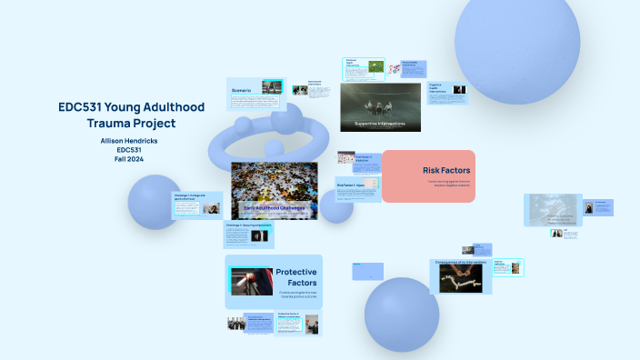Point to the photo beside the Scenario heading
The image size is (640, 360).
tap(271, 86)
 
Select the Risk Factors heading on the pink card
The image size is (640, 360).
tap(445, 170)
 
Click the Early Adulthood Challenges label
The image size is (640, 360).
tap(274, 208)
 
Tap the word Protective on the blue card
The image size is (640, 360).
tap(295, 272)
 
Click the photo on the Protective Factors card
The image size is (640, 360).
tap(251, 281)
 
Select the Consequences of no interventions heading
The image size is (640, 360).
tap(465, 262)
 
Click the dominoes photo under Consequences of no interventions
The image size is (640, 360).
tap(461, 278)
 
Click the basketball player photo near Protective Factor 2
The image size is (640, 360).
tap(312, 324)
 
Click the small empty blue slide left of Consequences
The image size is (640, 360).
tap(367, 270)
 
